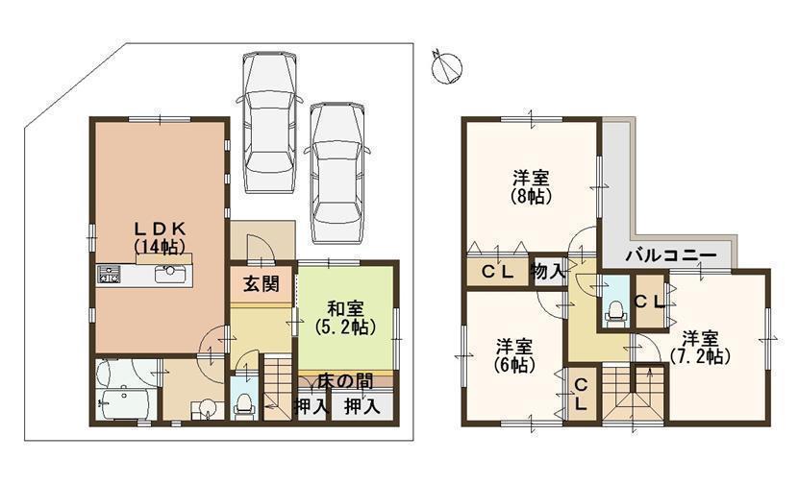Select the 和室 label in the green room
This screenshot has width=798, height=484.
(x=344, y=308)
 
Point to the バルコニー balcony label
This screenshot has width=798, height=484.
(x=669, y=255)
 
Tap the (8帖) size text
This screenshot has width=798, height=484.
(x=530, y=197)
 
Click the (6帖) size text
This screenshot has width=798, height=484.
(x=515, y=364)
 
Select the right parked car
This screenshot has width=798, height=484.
(x=336, y=158)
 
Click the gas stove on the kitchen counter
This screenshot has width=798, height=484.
(x=107, y=278)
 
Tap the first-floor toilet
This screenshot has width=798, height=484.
(x=244, y=403)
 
